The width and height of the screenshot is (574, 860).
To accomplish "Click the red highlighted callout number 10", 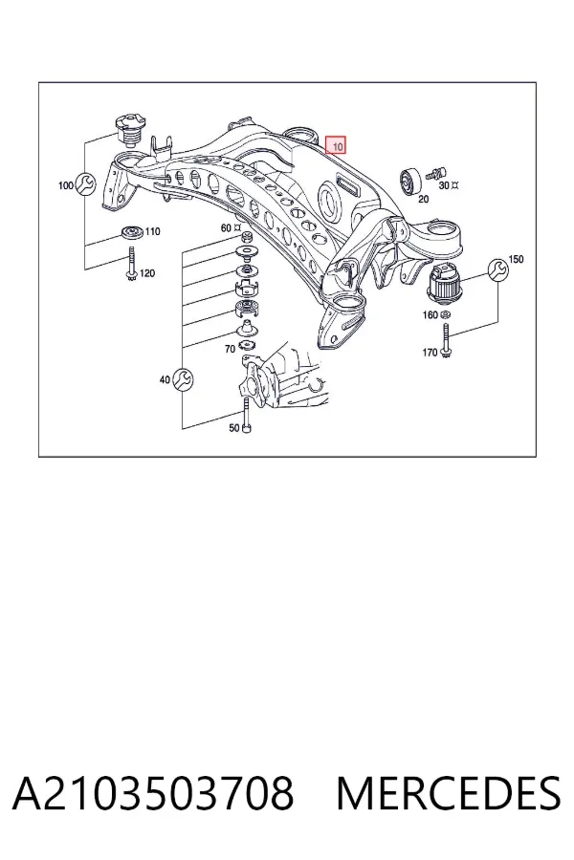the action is pyautogui.click(x=336, y=145).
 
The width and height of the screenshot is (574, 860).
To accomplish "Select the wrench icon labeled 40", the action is pyautogui.click(x=183, y=379).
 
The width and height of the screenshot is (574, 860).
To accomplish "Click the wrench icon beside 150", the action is pyautogui.click(x=498, y=270).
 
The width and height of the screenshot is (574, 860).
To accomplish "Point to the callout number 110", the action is pyautogui.click(x=153, y=231).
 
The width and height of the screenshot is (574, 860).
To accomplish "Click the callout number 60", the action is pyautogui.click(x=226, y=227).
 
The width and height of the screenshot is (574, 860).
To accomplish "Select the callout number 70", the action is pyautogui.click(x=230, y=349).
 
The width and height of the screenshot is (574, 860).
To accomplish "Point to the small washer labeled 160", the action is pyautogui.click(x=447, y=314).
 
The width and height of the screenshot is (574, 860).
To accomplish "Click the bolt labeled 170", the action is pyautogui.click(x=446, y=341).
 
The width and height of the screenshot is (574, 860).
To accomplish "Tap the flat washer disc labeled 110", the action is pyautogui.click(x=131, y=232).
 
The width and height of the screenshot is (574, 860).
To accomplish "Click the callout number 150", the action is pyautogui.click(x=517, y=259).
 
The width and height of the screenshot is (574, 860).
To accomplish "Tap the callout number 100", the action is pyautogui.click(x=66, y=185).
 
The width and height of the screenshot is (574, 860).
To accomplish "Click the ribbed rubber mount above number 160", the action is pyautogui.click(x=444, y=283).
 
